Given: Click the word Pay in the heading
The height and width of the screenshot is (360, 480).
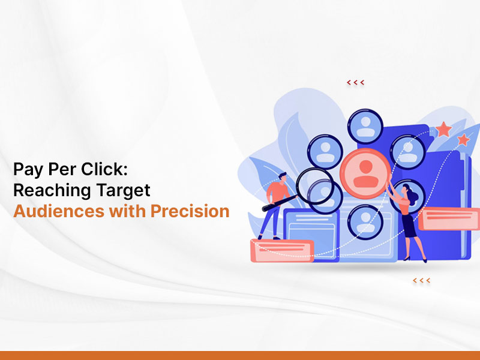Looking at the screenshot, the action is coord(28,169).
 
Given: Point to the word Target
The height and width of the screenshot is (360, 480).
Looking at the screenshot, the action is coord(124,190).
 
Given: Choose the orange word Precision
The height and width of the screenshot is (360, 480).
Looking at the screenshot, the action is coord(190,211).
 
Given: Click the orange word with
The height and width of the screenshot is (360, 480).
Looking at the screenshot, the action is coord(127,211).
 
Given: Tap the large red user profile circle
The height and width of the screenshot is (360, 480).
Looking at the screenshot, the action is coord(365,173).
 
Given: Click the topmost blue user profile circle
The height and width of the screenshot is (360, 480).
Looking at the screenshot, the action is coord(365,127).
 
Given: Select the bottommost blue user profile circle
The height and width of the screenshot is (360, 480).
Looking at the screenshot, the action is coord(365,222).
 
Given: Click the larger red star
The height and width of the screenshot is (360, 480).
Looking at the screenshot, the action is coord(443,129).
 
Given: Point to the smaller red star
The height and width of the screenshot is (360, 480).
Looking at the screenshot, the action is coord(463,140).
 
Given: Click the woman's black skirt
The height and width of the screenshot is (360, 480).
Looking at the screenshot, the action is coord(409,226).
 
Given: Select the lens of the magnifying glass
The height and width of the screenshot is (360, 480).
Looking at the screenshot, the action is coord(315,186).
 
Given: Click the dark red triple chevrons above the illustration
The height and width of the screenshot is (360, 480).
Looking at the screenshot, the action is coord(355,82).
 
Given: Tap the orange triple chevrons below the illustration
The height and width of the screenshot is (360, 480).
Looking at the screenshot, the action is coord(422,280).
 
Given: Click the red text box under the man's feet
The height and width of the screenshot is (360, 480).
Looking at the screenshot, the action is coord(282,251).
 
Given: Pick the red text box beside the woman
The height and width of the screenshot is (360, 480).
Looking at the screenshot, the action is coord(449,218).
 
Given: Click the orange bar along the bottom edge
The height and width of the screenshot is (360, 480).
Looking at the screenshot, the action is coord(240,355).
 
